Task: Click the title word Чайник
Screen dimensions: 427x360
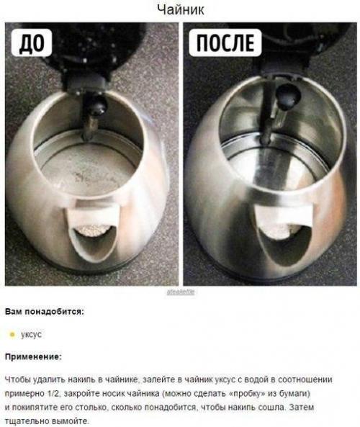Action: pos(180,9)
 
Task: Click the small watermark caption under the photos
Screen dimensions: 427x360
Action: pos(180,292)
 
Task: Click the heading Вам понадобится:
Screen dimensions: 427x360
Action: pos(44,313)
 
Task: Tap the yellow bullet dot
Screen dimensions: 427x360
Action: pos(12,334)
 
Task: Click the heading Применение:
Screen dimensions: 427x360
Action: pos(33,356)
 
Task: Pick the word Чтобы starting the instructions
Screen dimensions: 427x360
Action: pos(17,379)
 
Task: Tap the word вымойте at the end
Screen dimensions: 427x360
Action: pos(71,421)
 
